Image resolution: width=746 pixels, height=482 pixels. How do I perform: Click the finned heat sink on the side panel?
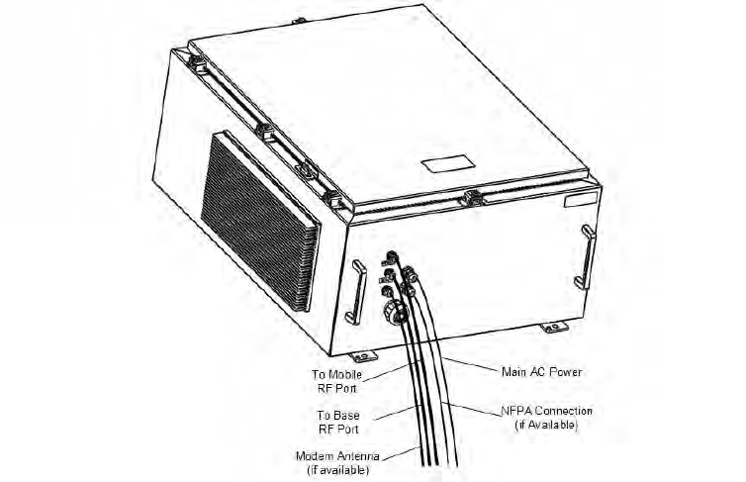coord(259,204)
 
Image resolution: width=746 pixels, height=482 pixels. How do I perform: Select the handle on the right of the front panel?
coord(587,256)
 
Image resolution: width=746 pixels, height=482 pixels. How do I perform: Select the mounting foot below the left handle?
coord(362,355)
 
